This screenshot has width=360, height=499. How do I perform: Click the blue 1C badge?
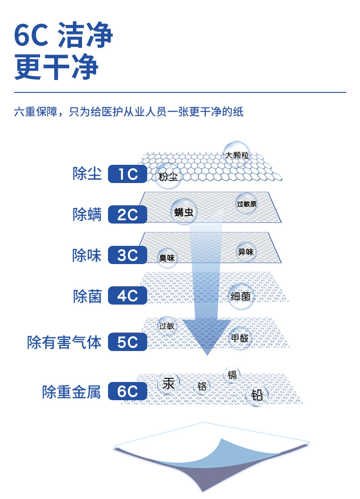(x=128, y=174)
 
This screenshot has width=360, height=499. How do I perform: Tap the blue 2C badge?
(x=128, y=214)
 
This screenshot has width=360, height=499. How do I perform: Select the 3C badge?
(x=128, y=255)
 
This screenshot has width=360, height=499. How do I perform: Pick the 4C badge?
(x=128, y=296)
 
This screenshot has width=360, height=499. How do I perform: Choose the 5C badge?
(x=128, y=342)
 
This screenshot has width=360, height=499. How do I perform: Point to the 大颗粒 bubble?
(x=237, y=155)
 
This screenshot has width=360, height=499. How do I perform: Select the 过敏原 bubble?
(x=247, y=204)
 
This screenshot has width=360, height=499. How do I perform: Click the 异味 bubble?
(x=246, y=252)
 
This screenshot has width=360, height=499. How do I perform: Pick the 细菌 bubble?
(x=240, y=296)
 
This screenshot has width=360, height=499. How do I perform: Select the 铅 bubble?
(x=257, y=395)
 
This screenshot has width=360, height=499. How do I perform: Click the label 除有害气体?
(x=64, y=342)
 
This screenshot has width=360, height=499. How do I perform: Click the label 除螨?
(x=87, y=214)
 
